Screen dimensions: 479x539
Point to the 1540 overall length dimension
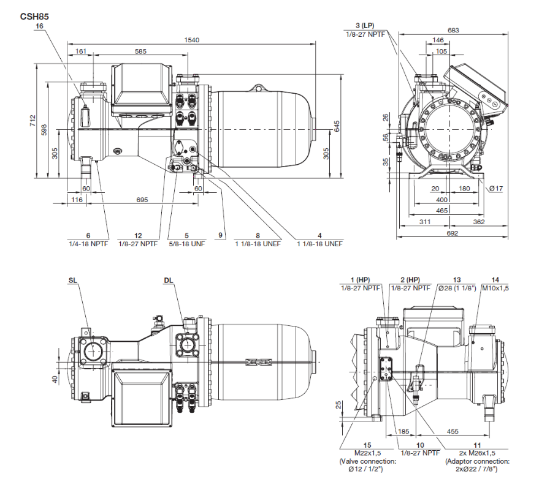pos(194,40)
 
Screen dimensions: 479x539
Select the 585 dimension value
pos(140,52)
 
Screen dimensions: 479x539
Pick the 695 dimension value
pos(142,200)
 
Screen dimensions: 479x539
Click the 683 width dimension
pos(453,30)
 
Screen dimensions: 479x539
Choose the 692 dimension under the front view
pos(453,233)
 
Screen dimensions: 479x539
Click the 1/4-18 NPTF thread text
pos(88,244)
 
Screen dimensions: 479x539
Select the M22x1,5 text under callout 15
pos(367,453)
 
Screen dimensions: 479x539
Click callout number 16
pos(40,27)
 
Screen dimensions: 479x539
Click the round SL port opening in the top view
pos(93,352)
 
